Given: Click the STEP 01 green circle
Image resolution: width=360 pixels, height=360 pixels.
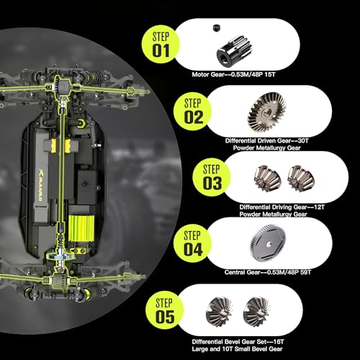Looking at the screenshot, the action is tap(161, 45).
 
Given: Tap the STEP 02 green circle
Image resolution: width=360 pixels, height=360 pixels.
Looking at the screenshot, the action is tap(192, 112).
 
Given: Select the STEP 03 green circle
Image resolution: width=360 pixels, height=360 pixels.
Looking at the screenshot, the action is tap(211, 178).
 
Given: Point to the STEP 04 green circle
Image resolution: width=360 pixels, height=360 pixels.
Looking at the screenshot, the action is tap(192, 243).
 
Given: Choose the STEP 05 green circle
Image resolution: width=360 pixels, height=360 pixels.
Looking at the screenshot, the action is tap(164, 310).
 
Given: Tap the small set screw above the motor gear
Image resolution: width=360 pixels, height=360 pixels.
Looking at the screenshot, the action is tap(216, 27).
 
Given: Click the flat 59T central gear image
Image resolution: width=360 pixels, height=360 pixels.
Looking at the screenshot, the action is tap(269, 243).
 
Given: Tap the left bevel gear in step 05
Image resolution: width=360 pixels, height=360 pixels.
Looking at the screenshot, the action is tap(219, 312).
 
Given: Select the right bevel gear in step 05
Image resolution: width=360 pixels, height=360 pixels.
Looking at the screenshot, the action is tap(256, 312).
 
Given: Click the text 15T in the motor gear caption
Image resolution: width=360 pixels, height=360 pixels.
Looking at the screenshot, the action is tap(269, 75).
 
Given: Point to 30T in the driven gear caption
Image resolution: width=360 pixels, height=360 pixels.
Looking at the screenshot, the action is tap(302, 140).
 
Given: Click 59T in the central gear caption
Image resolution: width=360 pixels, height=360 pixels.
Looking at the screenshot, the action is tap(305, 272).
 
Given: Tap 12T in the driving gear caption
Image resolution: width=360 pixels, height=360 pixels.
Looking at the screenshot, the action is tap(319, 207).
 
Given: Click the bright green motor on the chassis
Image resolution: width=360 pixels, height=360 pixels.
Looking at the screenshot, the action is tap(81, 228).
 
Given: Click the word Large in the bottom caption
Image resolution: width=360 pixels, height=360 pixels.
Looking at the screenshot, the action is tap(199, 349).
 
